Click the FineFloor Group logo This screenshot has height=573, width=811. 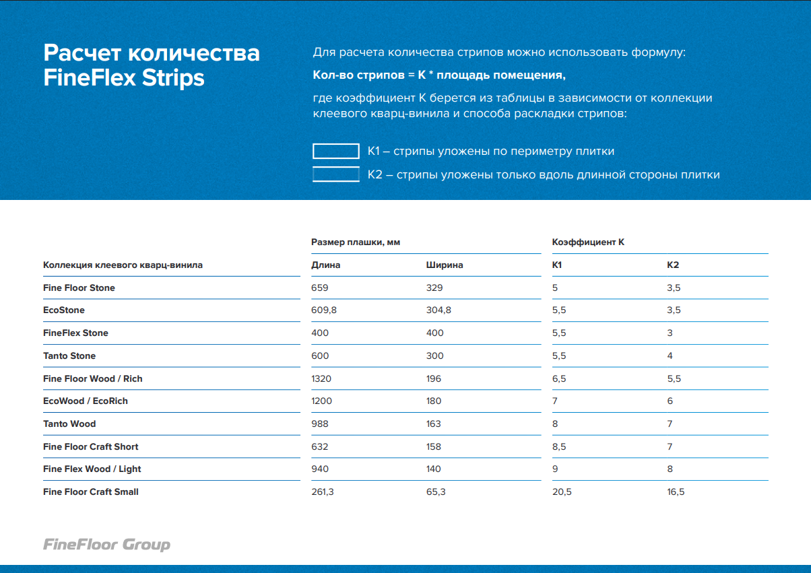click(x=106, y=545)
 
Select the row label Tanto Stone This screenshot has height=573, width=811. click(x=69, y=356)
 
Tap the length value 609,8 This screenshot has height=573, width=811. click(x=323, y=310)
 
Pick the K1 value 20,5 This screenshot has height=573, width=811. click(x=562, y=492)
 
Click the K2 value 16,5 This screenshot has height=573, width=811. click(x=676, y=492)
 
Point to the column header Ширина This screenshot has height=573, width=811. click(x=444, y=265)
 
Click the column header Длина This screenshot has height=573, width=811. click(x=325, y=265)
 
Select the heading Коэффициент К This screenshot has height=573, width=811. click(x=588, y=242)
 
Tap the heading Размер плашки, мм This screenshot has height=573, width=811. click(x=356, y=242)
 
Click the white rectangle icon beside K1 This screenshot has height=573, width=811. click(x=335, y=151)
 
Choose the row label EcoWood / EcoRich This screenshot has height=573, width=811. click(x=86, y=401)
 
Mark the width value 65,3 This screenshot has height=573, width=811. click(x=436, y=492)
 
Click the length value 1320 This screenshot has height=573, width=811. click(x=321, y=378)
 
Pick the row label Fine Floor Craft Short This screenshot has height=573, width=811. click(x=91, y=446)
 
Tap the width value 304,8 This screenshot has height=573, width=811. click(x=439, y=310)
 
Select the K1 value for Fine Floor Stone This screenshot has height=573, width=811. click(x=555, y=288)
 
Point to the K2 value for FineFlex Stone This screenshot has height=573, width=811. click(x=670, y=333)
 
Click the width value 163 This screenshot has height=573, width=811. click(x=434, y=424)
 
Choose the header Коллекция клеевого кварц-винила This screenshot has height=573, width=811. click(x=123, y=265)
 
